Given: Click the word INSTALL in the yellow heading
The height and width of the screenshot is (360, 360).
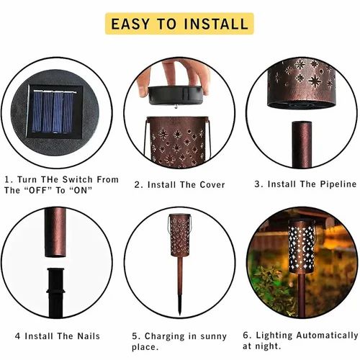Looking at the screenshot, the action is [x=216, y=24].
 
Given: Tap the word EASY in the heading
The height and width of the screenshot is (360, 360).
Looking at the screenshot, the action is [x=130, y=24].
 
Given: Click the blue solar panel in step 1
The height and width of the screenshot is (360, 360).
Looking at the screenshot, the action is [x=53, y=112].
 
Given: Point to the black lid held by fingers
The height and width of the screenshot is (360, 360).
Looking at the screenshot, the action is [x=175, y=95].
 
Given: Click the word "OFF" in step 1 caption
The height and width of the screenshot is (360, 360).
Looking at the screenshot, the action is [x=38, y=190].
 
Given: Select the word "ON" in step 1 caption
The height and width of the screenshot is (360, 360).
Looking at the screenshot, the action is [x=81, y=190].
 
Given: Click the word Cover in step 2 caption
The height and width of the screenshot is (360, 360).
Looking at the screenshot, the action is [x=212, y=185].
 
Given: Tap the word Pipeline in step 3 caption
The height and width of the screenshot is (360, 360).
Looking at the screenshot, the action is [x=338, y=184].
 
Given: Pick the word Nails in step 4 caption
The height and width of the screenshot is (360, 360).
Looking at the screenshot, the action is [x=89, y=336].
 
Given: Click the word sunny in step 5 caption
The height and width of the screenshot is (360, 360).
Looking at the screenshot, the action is [x=213, y=336].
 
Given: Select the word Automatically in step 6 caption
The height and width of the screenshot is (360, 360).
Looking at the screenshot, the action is [x=327, y=336].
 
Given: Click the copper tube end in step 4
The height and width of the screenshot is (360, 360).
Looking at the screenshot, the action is [x=55, y=233].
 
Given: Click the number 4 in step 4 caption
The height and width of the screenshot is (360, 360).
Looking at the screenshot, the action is [x=17, y=336].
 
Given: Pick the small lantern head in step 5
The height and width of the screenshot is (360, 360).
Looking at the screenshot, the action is [x=180, y=235].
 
